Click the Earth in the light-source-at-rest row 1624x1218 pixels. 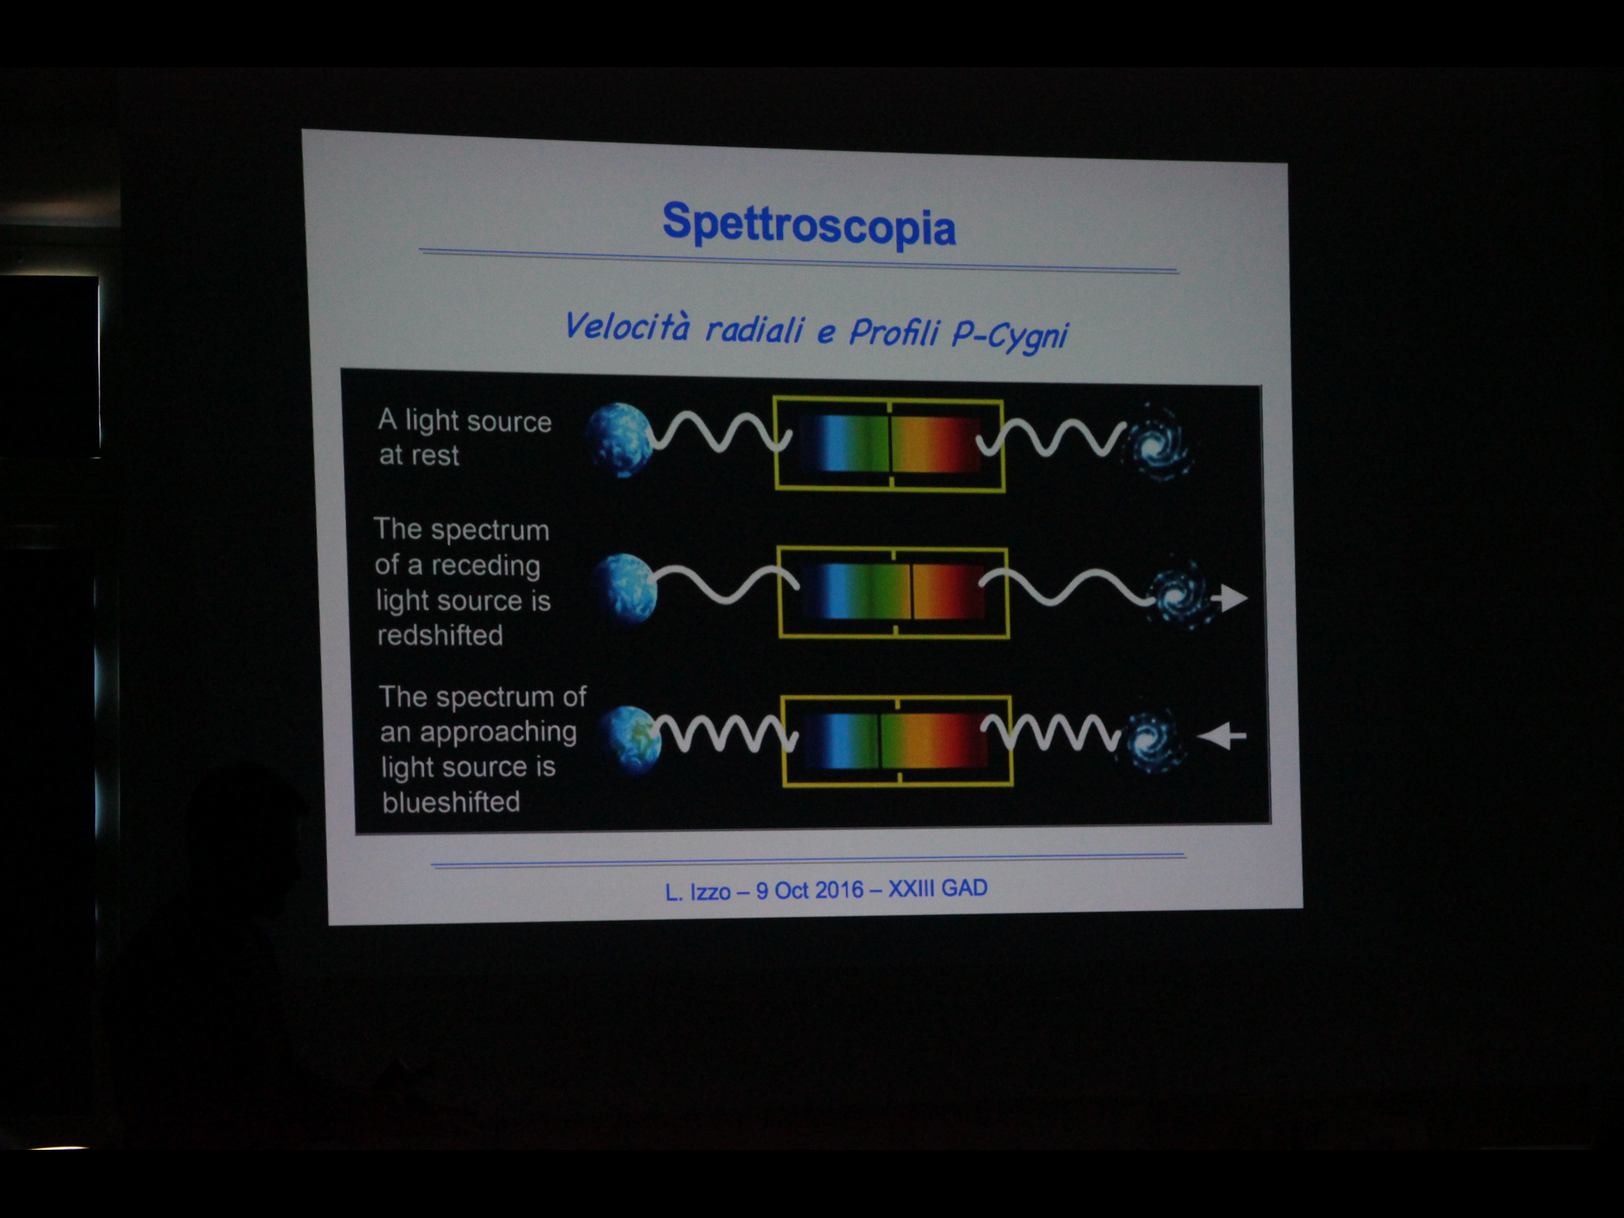tap(619, 440)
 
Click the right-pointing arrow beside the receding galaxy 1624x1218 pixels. tap(1231, 598)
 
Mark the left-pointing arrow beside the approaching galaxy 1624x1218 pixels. tap(1221, 737)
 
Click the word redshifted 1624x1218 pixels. tap(440, 635)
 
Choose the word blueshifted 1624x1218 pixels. tap(451, 802)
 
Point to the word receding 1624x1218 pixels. tap(485, 565)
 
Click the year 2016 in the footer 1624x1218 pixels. tap(838, 890)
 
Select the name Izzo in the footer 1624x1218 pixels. tap(710, 892)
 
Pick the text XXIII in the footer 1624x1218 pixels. tap(911, 888)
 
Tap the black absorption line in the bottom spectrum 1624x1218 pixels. tap(879, 741)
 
